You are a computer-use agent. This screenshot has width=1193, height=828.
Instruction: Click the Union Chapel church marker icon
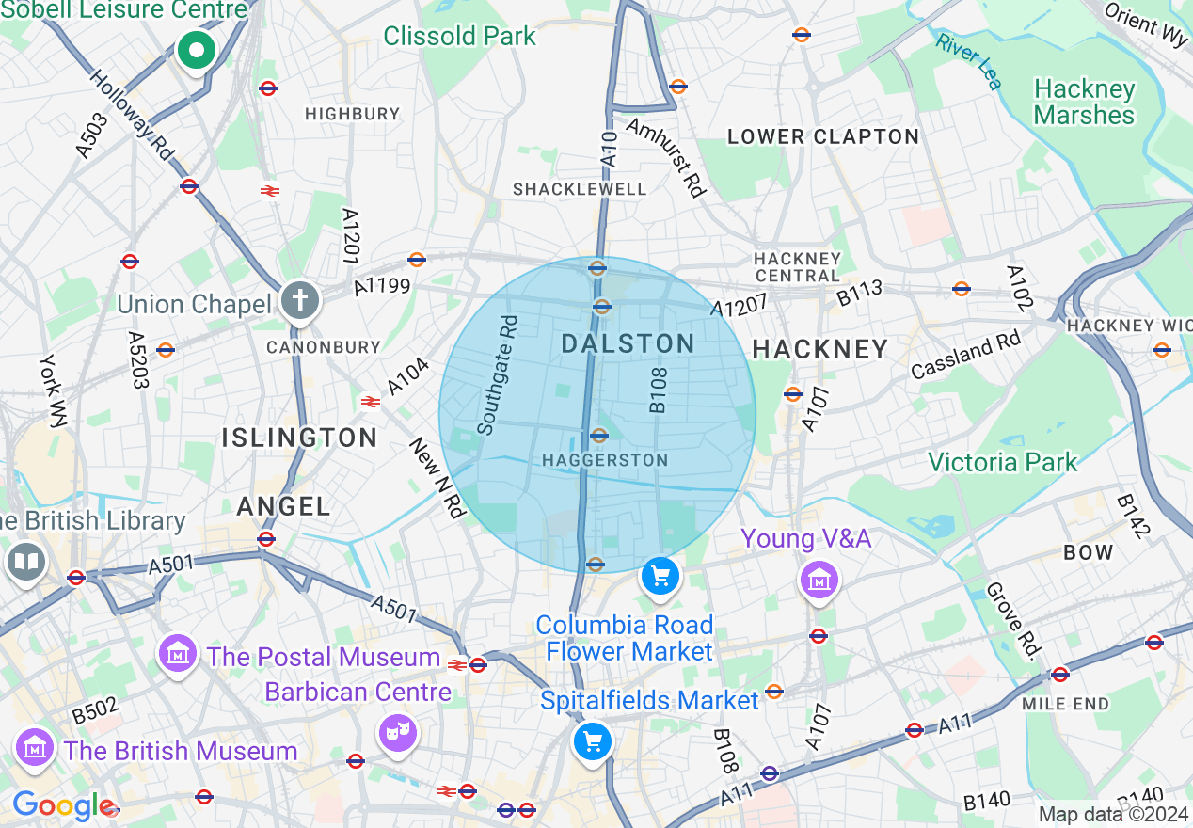click(x=300, y=302)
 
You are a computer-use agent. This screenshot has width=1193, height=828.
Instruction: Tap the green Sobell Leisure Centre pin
click(x=197, y=51)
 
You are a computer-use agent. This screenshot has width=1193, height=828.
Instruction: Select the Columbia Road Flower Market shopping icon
click(x=660, y=575)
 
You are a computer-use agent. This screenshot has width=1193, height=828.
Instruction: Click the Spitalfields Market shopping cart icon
click(x=593, y=741)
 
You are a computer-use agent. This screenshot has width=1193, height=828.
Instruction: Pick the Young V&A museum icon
click(x=818, y=580)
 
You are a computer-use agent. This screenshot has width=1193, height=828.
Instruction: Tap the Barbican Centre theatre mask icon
click(x=398, y=731)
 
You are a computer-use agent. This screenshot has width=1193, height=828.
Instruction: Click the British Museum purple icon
click(x=36, y=748)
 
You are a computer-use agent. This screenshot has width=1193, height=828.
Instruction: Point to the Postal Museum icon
click(x=178, y=652)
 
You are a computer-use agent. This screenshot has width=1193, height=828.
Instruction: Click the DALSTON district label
click(x=628, y=344)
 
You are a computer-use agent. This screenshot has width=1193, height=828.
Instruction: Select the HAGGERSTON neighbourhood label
click(x=605, y=460)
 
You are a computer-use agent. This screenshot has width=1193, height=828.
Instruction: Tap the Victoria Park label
click(x=1002, y=462)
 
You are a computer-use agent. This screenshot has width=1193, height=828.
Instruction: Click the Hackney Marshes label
click(x=1084, y=102)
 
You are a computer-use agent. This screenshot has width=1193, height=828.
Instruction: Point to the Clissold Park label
click(x=459, y=36)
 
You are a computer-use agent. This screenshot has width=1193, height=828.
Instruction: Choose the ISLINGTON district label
click(x=300, y=438)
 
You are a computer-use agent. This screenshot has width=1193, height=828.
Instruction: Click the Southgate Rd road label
click(x=498, y=374)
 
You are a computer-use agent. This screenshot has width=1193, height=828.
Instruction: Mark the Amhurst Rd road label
click(x=665, y=157)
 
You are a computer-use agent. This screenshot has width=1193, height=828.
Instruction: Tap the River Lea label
click(x=968, y=61)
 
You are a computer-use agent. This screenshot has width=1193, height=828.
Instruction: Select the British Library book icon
click(x=25, y=563)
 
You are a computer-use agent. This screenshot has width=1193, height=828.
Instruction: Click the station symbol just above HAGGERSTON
click(x=598, y=436)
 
